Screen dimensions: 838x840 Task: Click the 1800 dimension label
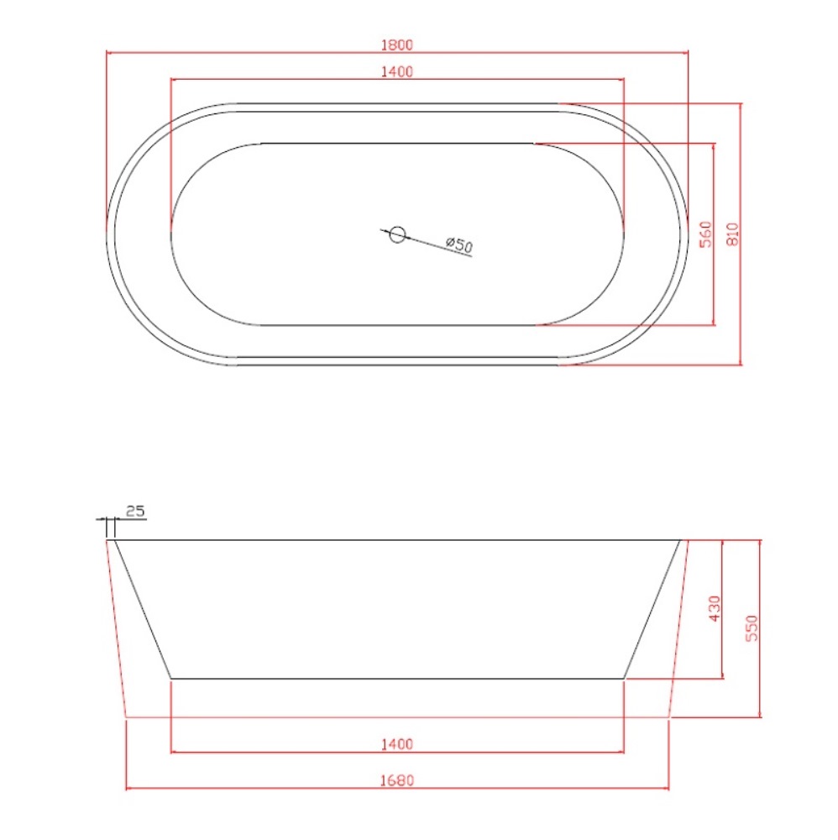[x=397, y=45]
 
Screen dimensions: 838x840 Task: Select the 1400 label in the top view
[x=397, y=71]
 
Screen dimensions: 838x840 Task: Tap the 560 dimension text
[x=706, y=234]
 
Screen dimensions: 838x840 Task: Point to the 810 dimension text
[x=732, y=234]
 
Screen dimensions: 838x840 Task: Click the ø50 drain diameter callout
[x=459, y=244]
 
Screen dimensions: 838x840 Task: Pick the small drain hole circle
[x=397, y=234]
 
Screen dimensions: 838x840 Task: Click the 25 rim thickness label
[x=135, y=511]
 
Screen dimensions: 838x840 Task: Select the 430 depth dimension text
[x=715, y=608]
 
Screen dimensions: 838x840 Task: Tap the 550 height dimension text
[x=752, y=627]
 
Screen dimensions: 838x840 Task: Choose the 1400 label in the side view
[x=397, y=744]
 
